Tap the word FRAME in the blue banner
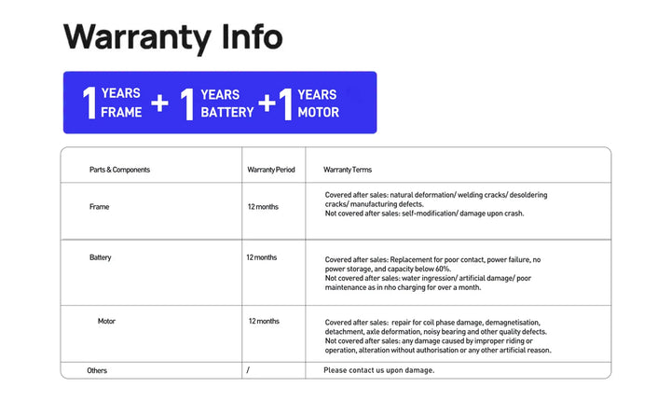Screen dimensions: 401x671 click(x=120, y=112)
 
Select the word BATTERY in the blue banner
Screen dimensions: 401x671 click(x=226, y=112)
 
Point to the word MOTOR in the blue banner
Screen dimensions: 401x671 click(x=318, y=112)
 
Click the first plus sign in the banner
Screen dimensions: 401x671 click(x=160, y=103)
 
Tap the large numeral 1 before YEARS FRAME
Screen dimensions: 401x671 click(x=89, y=103)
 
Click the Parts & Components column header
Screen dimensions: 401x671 click(x=119, y=170)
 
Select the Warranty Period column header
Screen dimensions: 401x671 click(x=271, y=170)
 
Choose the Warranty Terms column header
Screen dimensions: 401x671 click(x=348, y=170)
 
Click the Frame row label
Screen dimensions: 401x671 click(x=99, y=207)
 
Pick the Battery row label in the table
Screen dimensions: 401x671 click(x=100, y=257)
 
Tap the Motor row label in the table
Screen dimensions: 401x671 click(x=106, y=321)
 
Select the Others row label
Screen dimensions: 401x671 click(x=97, y=370)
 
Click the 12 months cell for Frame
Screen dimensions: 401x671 click(x=262, y=207)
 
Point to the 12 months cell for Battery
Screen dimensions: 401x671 click(x=261, y=257)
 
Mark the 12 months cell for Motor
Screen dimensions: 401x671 click(x=264, y=321)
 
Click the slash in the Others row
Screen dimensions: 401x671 click(x=248, y=370)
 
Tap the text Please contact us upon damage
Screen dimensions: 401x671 click(x=378, y=370)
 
